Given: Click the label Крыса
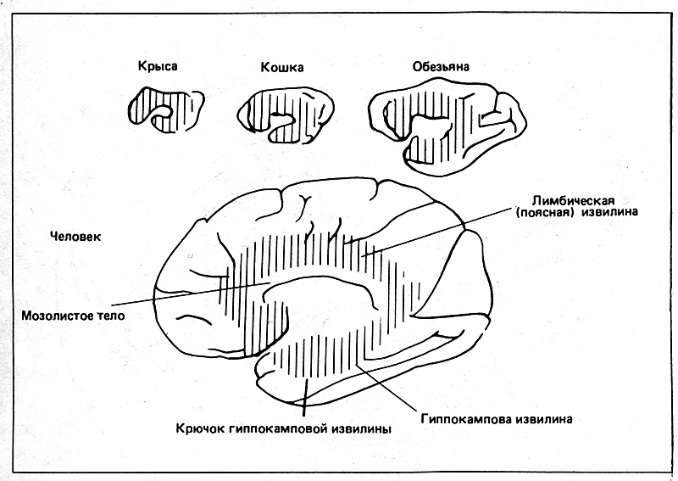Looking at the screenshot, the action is (158, 66).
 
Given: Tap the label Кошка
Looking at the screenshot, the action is (282, 68).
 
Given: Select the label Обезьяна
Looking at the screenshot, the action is (441, 67).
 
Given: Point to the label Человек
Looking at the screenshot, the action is (75, 237).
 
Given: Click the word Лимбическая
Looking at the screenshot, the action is (573, 201).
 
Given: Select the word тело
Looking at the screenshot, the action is (109, 316).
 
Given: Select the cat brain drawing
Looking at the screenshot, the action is (286, 115).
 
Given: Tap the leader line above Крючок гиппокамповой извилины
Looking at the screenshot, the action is (306, 394).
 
